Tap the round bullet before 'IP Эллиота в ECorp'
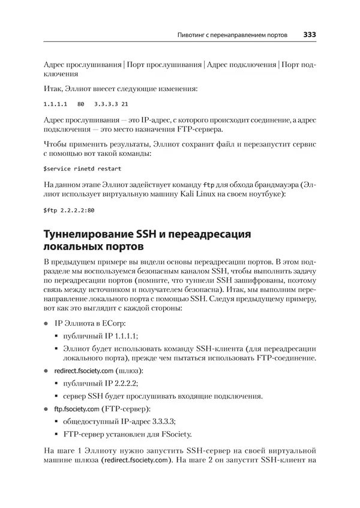(46, 323)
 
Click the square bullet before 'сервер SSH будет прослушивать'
(57, 397)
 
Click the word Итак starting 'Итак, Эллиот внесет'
(53, 88)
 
